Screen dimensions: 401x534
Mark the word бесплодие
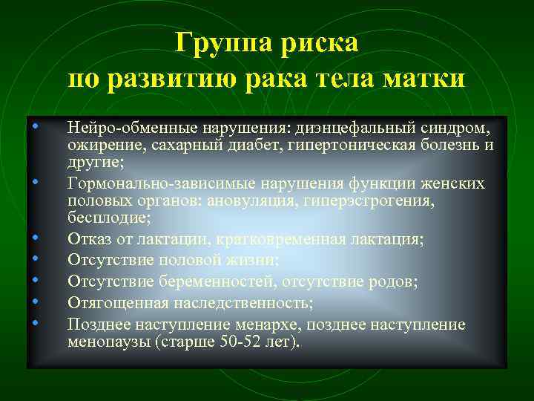(x=109, y=218)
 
